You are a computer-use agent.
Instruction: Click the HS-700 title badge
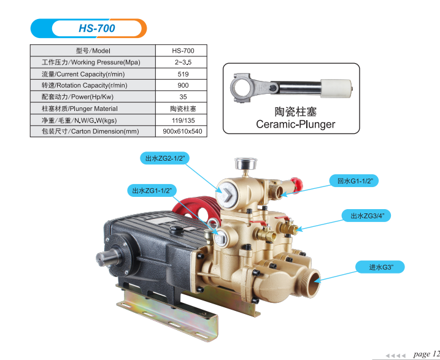pos(89,28)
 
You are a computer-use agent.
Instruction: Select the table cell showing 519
pos(183,74)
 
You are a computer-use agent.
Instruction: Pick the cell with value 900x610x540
pos(183,131)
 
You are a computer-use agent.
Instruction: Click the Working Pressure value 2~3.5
pos(183,63)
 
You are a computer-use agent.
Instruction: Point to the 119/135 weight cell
pos(183,120)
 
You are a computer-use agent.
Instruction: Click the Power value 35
pos(183,97)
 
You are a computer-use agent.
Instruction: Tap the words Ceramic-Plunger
pos(295,124)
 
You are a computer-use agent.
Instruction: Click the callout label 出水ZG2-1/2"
pos(165,158)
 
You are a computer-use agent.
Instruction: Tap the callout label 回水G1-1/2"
pos(355,181)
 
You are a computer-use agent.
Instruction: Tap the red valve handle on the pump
pos(297,182)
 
